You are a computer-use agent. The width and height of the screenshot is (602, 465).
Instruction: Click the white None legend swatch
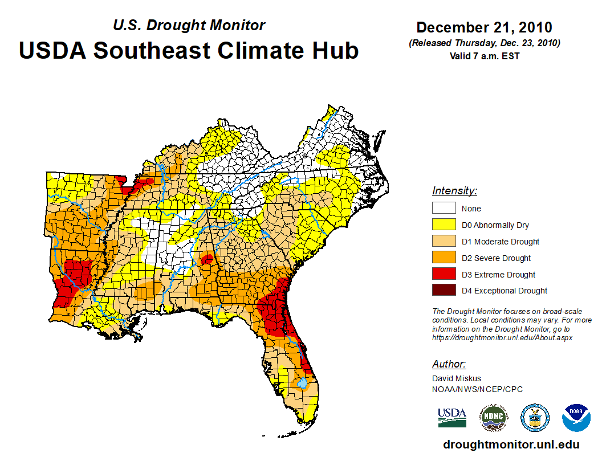click(x=444, y=208)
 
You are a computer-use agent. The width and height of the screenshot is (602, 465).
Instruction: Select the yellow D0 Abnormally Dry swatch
click(x=444, y=225)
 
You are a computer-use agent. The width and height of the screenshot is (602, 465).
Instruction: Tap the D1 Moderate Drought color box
click(x=444, y=241)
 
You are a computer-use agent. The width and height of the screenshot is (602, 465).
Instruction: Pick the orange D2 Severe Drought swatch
click(x=444, y=258)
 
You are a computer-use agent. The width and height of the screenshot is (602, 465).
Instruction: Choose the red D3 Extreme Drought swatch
click(x=444, y=274)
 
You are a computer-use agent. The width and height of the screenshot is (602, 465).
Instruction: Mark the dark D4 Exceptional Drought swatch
click(x=444, y=290)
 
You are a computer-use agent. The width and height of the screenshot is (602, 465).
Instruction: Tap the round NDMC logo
click(x=493, y=418)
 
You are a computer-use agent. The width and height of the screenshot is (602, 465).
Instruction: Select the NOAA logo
click(x=576, y=418)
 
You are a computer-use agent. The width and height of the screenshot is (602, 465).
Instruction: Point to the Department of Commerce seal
click(x=535, y=418)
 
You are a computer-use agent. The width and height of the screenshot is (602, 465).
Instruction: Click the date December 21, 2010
click(x=484, y=27)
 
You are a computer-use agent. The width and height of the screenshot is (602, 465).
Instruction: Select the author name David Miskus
click(x=457, y=378)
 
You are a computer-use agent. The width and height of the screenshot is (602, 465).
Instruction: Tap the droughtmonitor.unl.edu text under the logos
click(x=511, y=445)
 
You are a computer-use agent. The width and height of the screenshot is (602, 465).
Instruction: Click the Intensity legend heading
click(x=454, y=191)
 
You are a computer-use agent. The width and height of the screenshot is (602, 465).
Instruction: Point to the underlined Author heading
click(x=449, y=364)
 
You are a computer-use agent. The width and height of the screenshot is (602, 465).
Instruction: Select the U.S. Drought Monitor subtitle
click(x=189, y=25)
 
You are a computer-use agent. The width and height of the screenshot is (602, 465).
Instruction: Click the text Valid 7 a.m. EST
click(x=484, y=55)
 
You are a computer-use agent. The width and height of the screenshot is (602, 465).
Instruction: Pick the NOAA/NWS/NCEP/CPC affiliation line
click(x=477, y=389)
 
